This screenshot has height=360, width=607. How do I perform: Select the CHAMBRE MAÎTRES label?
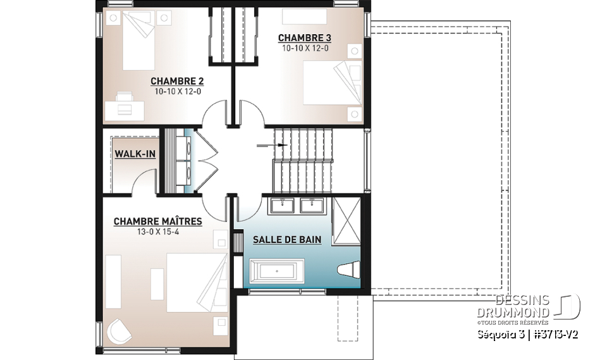pos(158,221)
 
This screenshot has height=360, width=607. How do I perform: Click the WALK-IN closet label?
pos(135,154)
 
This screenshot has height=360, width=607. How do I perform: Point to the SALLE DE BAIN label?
pos(287,240)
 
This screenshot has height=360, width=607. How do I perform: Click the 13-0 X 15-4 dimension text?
pos(158,232)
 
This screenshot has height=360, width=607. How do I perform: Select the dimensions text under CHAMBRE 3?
pos(305,47)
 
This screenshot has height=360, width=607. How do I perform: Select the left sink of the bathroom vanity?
pos(281,204)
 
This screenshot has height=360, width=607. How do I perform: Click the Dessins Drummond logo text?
pos(522,307)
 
